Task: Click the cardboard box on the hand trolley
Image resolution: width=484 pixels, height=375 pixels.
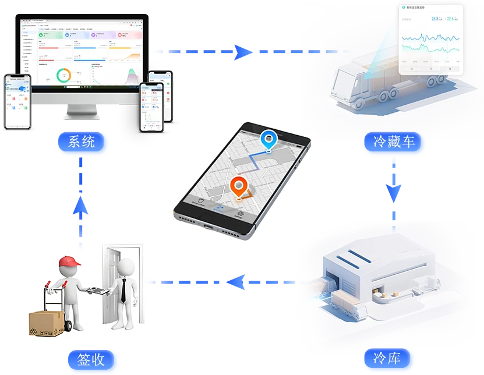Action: [47, 322]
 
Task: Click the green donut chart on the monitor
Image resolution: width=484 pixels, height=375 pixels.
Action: [64, 75]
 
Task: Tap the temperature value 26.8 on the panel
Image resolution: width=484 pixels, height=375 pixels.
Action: [435, 19]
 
